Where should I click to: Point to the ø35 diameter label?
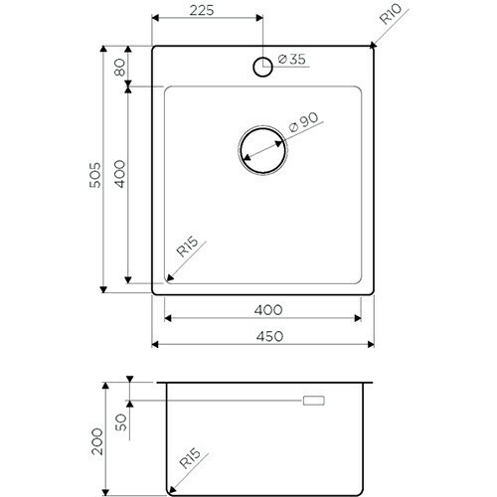(289, 61)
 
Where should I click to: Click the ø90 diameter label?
(302, 124)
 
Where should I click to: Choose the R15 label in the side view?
(191, 462)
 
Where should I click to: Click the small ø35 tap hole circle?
(263, 67)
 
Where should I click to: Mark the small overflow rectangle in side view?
(314, 401)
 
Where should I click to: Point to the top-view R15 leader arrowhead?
(167, 282)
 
